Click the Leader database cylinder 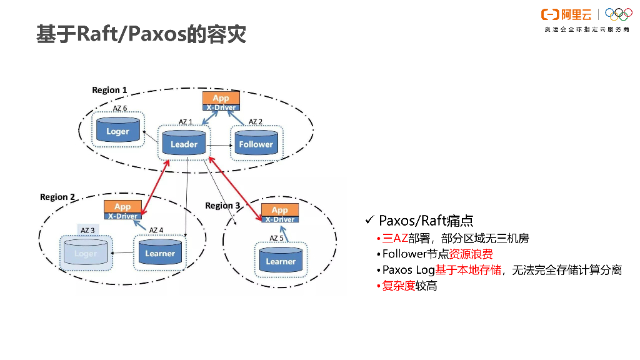pos(184,143)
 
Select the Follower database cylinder pos(256,143)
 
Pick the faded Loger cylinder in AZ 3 pos(86,252)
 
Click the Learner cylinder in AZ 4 pos(160,252)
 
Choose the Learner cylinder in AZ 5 pos(281,261)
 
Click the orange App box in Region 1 pos(221,98)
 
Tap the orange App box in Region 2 pos(122,206)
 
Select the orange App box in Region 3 pos(279,210)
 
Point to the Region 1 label pos(109,90)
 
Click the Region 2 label pos(57,197)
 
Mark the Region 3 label pos(222,206)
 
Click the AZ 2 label pos(256,122)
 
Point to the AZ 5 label pos(276,238)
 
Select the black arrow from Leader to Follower pos(219,144)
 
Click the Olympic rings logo pos(619,14)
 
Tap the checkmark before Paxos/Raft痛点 pos(369,220)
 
